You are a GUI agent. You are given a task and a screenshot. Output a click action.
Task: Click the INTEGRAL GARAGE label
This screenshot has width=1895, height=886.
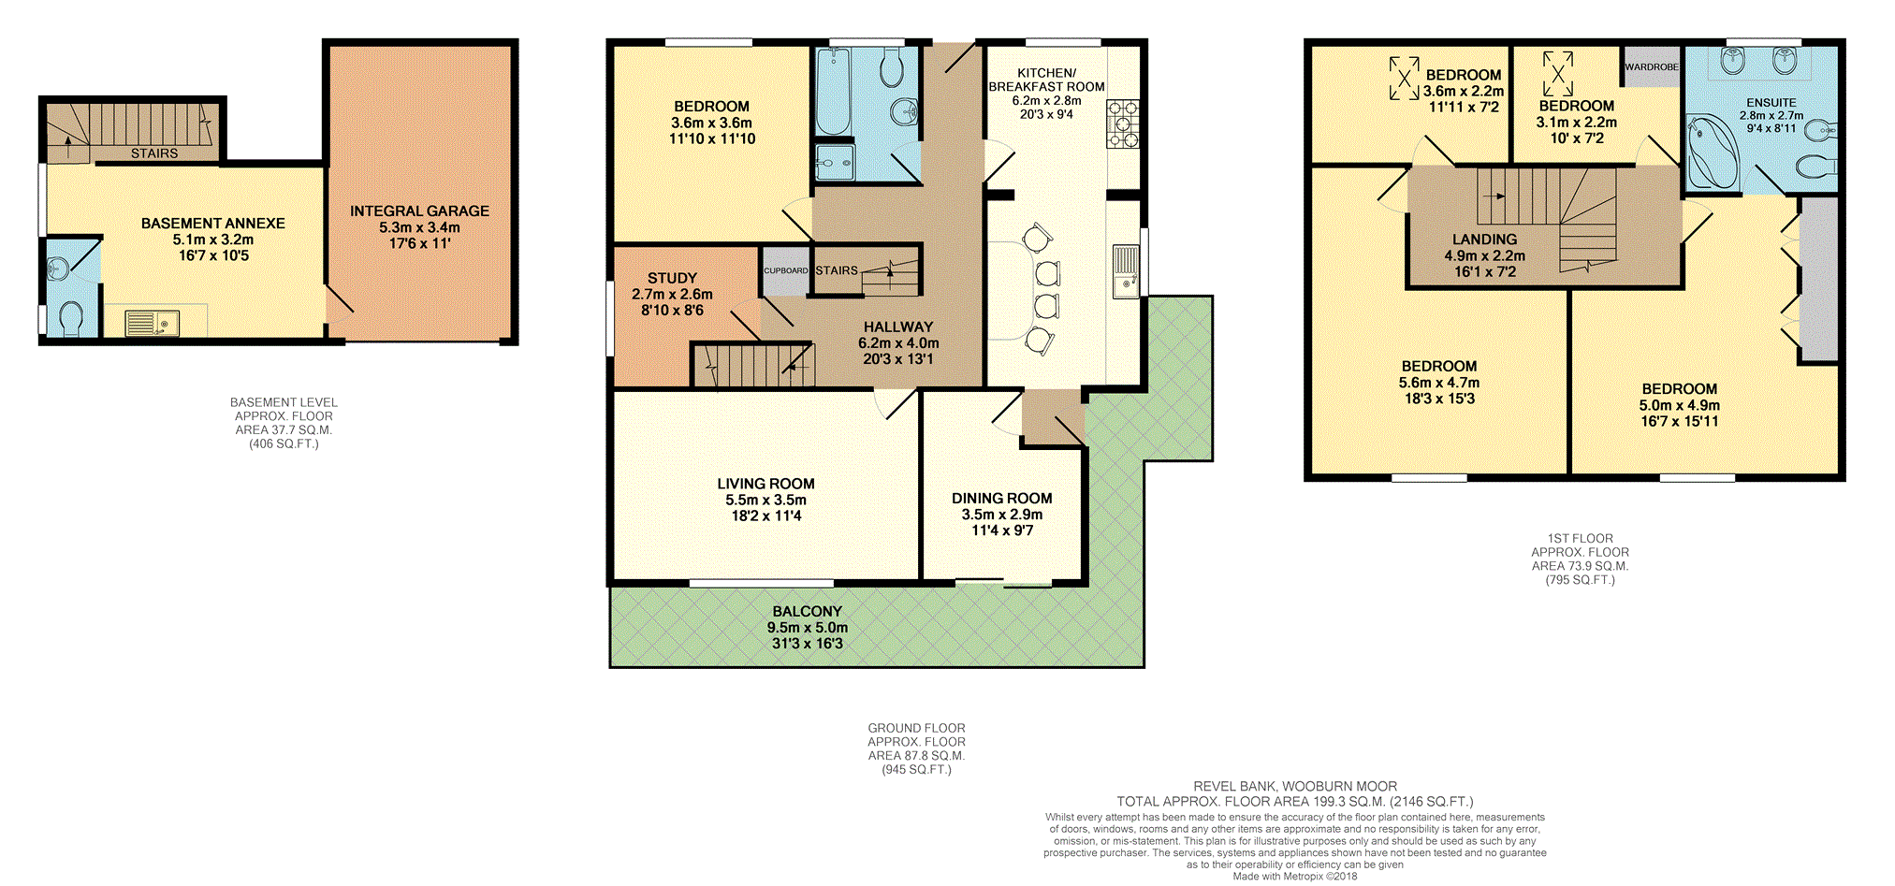click(419, 211)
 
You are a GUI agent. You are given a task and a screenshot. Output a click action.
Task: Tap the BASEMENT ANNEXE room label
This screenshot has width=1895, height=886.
click(212, 224)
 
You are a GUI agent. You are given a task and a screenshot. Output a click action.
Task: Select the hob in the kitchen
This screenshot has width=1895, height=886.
click(1123, 124)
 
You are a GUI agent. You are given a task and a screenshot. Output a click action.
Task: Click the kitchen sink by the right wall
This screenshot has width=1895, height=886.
click(1126, 271)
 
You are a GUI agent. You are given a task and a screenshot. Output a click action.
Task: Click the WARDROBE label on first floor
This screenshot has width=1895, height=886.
click(1652, 67)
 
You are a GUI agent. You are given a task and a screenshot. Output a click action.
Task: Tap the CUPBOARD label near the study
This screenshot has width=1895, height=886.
click(785, 270)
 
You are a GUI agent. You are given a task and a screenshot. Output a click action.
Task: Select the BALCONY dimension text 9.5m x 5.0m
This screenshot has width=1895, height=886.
click(807, 628)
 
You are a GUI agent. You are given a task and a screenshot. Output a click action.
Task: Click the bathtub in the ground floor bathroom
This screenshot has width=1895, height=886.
click(832, 92)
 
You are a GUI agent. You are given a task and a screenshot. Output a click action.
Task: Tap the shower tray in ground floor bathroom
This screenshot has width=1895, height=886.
click(834, 162)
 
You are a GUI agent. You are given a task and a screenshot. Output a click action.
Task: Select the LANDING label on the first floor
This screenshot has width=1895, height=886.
click(1484, 240)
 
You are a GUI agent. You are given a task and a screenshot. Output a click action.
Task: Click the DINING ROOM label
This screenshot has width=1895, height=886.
click(1001, 499)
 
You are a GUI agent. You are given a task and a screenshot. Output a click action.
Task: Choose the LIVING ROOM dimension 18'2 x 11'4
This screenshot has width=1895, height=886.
click(765, 516)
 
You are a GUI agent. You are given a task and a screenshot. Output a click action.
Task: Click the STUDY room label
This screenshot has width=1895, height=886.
click(672, 278)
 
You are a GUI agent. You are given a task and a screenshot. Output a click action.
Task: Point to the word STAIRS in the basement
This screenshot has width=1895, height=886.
click(154, 153)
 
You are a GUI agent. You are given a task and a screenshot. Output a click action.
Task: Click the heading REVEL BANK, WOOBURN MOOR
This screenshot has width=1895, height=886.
click(1294, 787)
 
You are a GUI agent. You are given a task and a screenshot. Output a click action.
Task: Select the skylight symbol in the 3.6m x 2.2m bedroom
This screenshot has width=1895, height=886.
click(1404, 78)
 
